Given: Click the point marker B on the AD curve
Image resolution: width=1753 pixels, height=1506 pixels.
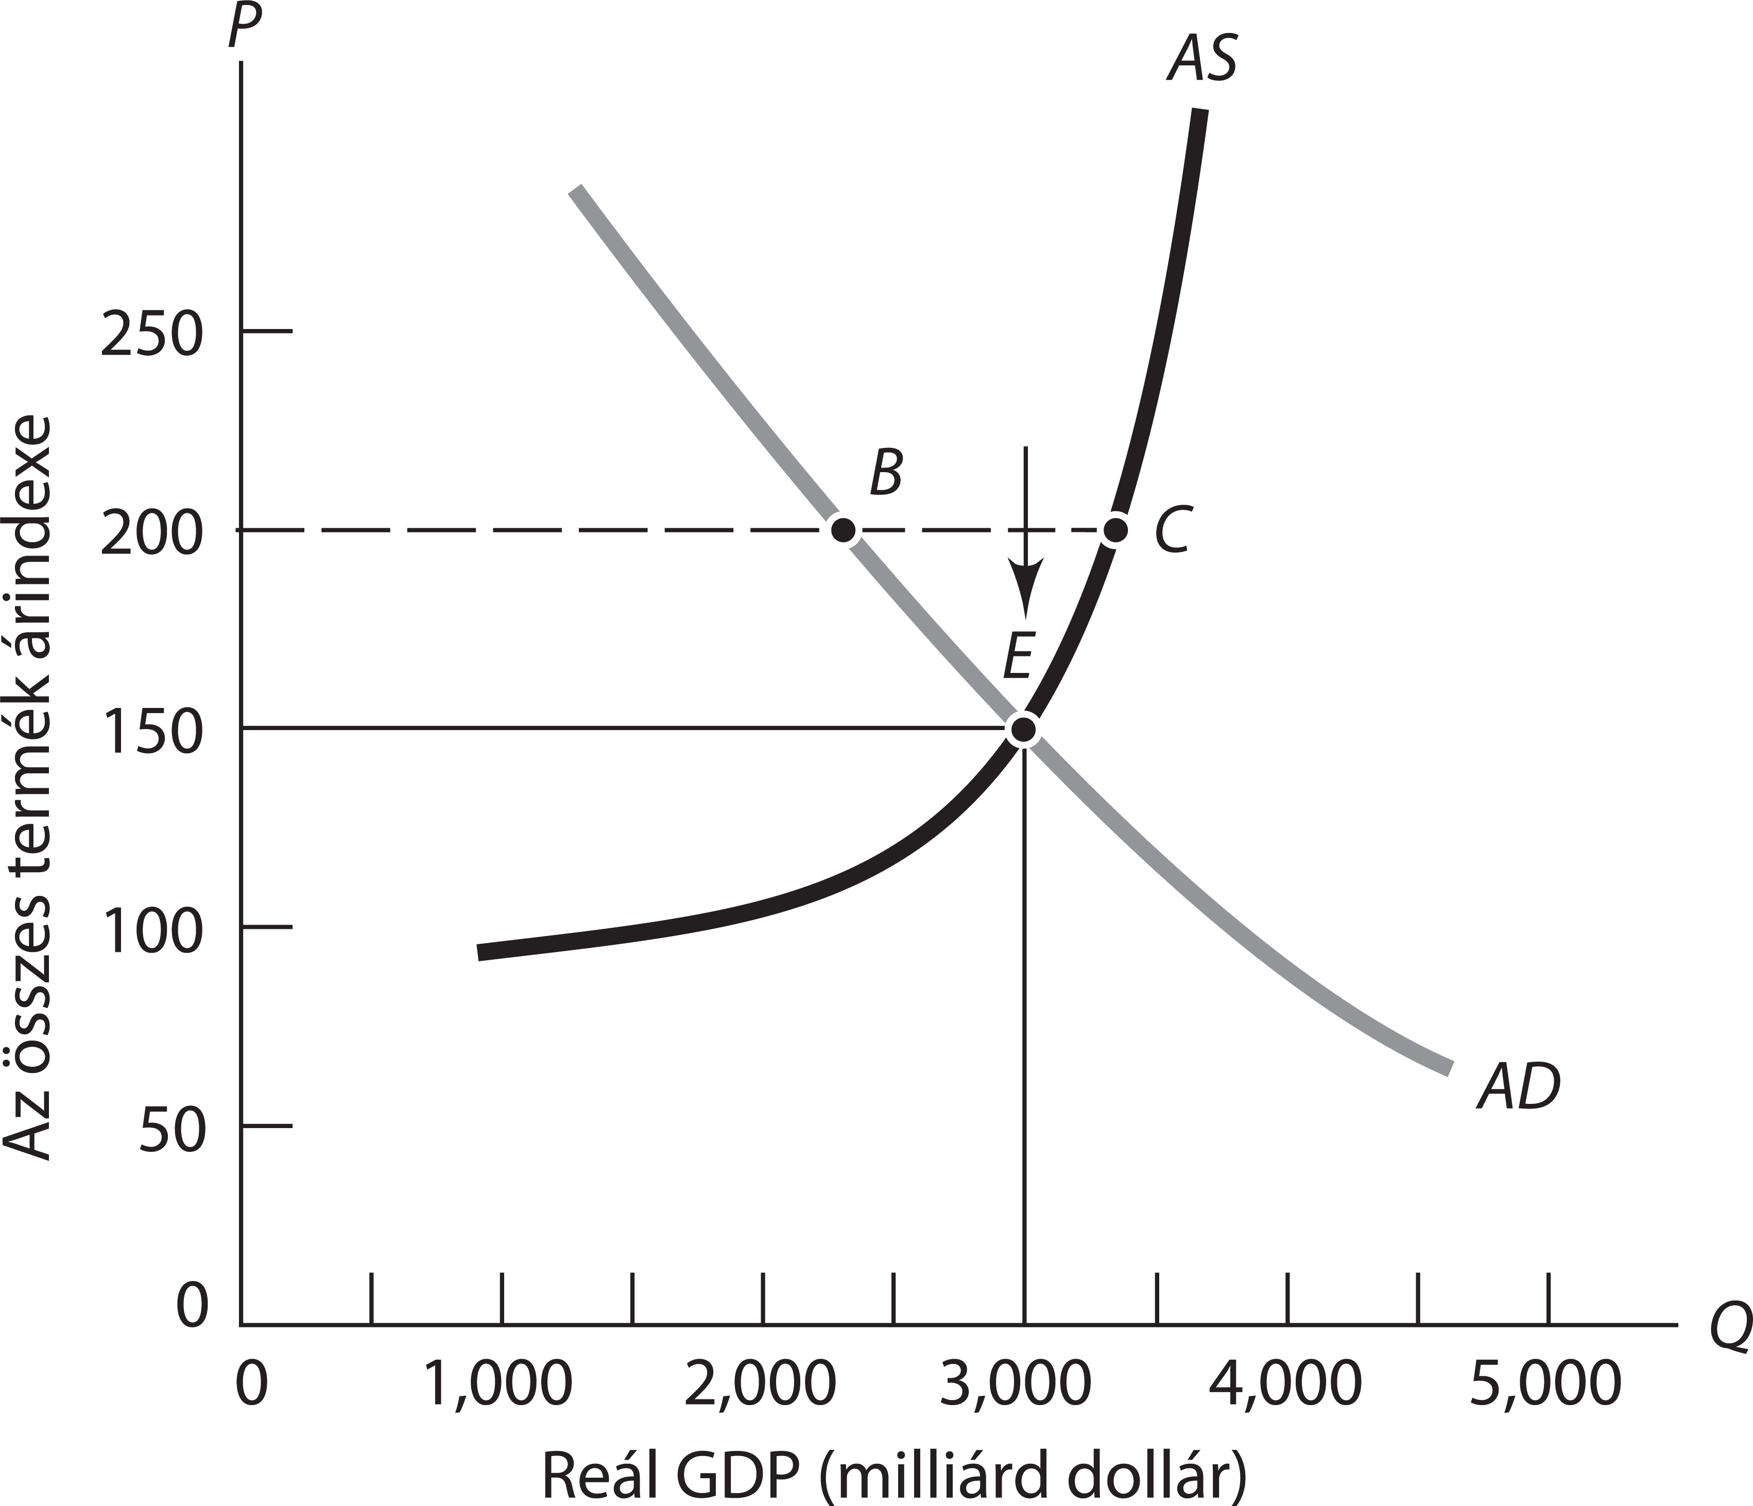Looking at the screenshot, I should click(x=843, y=530).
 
